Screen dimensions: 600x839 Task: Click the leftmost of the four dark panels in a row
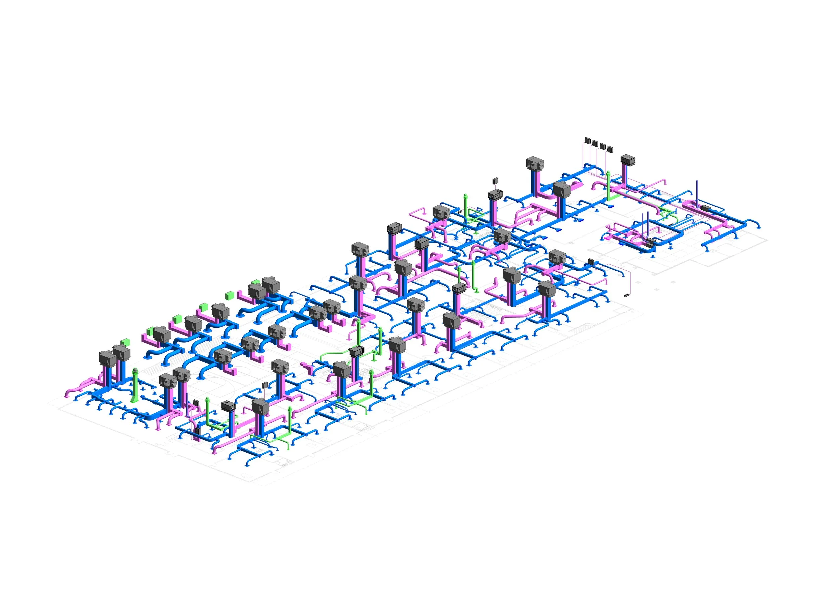(x=588, y=141)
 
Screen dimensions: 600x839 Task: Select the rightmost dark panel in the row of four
(x=610, y=149)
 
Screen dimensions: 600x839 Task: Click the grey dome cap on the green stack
(x=136, y=370)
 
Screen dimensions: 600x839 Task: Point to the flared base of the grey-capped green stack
(x=134, y=400)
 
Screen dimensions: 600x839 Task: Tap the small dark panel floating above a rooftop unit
(x=495, y=181)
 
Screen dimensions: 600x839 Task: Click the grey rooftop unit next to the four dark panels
(x=628, y=160)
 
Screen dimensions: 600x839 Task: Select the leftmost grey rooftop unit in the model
(x=107, y=358)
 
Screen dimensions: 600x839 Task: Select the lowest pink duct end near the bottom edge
(x=214, y=452)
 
